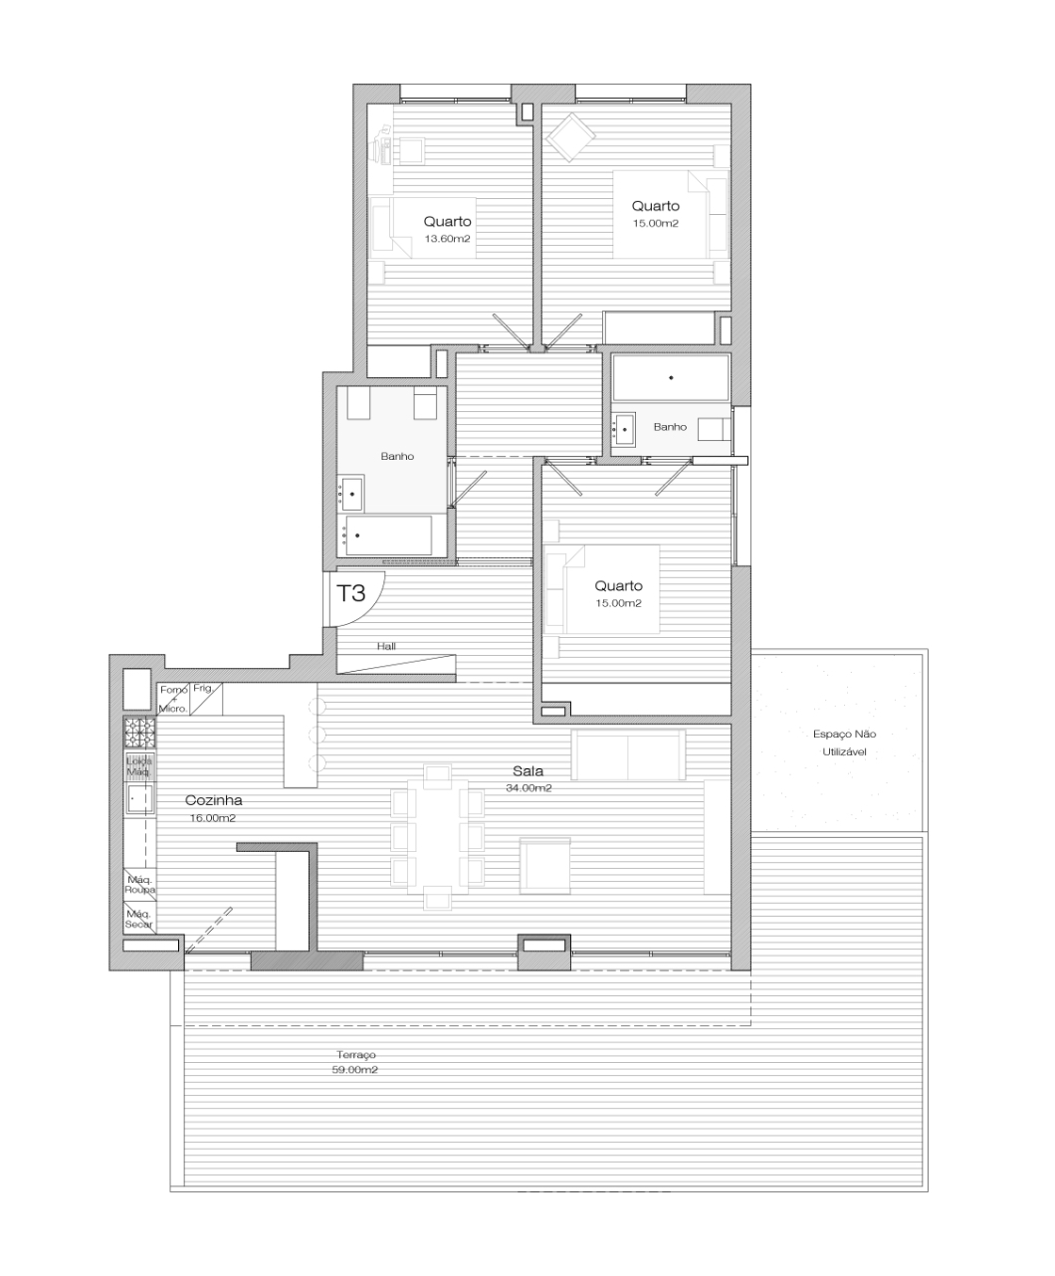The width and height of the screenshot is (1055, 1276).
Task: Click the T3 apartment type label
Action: pos(351,593)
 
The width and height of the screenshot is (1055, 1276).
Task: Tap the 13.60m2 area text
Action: pos(448,239)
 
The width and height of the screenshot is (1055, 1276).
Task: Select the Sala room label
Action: pos(528,771)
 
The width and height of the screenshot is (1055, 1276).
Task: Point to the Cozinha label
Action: pos(213,800)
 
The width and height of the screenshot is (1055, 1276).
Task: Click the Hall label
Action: pos(386,646)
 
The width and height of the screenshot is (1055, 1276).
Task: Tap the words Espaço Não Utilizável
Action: pos(844,743)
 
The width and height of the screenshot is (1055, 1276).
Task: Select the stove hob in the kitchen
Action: pos(140,733)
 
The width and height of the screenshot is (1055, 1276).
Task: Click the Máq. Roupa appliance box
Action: pos(140,884)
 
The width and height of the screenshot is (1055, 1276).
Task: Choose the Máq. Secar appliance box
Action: pos(140,918)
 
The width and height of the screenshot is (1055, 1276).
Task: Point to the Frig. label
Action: pos(203,688)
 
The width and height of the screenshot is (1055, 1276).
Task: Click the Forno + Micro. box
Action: pos(173,699)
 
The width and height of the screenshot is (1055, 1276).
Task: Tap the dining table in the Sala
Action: pos(437,836)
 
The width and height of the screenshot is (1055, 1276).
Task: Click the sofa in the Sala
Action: pos(628,754)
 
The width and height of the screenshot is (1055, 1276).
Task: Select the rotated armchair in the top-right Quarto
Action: pos(570,137)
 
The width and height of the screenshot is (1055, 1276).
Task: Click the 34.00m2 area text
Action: pos(528,788)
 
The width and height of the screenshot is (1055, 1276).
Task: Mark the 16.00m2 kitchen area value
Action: pos(213,818)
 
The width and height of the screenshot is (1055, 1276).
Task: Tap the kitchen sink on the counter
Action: pos(140,799)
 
